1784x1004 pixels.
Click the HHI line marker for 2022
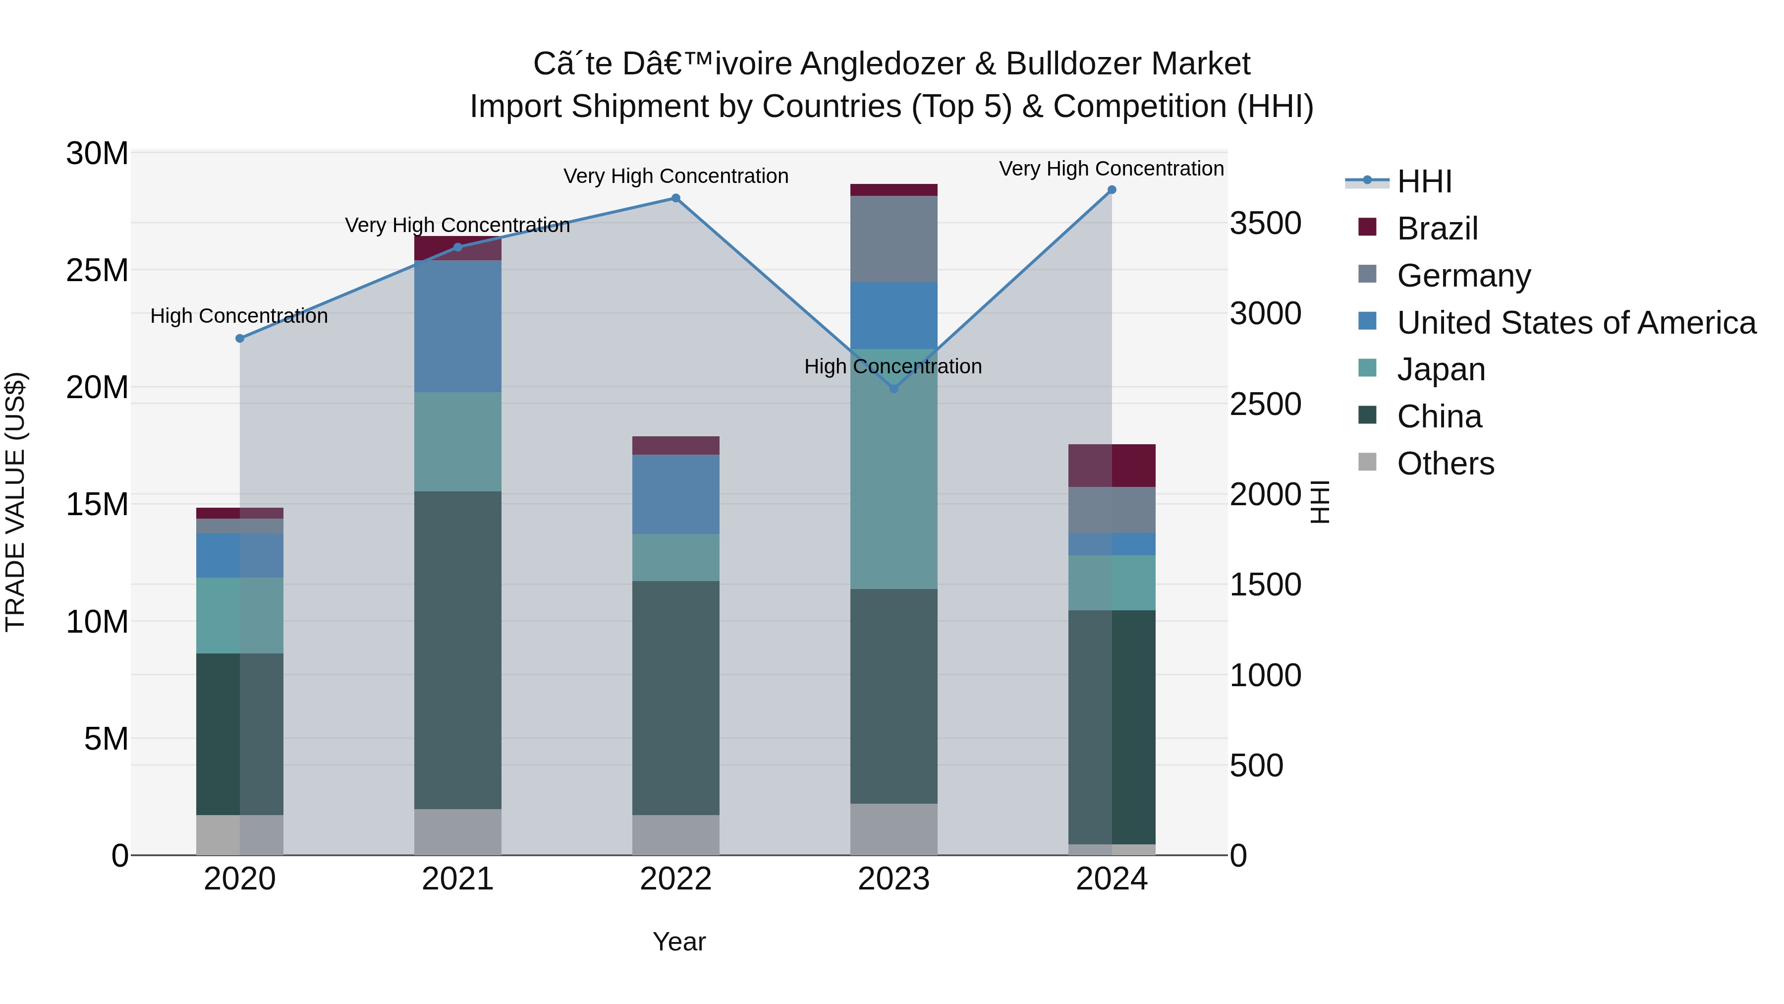[x=675, y=198]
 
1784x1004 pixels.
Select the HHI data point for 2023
[x=893, y=389]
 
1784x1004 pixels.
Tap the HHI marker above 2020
[x=240, y=338]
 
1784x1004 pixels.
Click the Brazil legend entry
[x=1437, y=229]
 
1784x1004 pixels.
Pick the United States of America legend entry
[x=1575, y=323]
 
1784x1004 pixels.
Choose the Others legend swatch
[x=1367, y=462]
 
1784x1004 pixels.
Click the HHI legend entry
[x=1423, y=181]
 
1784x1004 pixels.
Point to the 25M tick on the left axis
[x=97, y=270]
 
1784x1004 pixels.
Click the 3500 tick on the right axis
[x=1265, y=224]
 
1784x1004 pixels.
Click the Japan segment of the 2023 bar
[x=893, y=469]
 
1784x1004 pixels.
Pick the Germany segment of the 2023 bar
[x=893, y=238]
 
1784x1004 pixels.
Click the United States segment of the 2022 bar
[x=675, y=494]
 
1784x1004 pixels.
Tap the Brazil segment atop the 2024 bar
[x=1112, y=465]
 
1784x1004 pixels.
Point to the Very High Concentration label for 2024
[x=1111, y=169]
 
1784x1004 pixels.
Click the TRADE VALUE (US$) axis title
[x=15, y=502]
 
